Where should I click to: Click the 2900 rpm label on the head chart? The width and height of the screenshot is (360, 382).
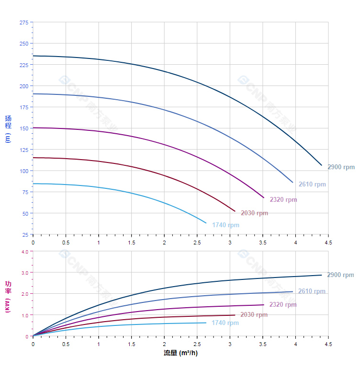point(341,167)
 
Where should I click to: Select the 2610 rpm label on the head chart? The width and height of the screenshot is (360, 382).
point(312,185)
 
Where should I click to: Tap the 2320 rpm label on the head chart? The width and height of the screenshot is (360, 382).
point(283,200)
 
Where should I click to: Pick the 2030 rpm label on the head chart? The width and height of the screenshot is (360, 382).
point(254,213)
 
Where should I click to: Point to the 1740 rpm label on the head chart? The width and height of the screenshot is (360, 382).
point(225,225)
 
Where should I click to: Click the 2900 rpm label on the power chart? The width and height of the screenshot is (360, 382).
point(340,275)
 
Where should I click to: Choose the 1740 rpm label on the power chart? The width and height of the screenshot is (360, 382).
point(225,323)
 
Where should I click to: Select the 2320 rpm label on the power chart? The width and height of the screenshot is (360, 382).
point(283,305)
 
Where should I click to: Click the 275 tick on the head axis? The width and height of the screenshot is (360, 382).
point(23,23)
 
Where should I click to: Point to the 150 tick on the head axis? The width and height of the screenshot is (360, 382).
point(23,128)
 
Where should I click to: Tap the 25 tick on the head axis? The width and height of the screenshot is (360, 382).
point(25,234)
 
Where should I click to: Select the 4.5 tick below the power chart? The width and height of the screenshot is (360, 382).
point(328,344)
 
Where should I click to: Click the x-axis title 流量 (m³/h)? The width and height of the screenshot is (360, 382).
point(180,353)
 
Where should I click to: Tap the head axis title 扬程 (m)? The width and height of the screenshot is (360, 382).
point(8,128)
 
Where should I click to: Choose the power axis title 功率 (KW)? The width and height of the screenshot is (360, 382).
point(8,296)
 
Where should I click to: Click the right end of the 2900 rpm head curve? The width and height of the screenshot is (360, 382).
point(322,165)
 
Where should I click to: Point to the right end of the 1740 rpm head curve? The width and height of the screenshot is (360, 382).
point(206,223)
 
